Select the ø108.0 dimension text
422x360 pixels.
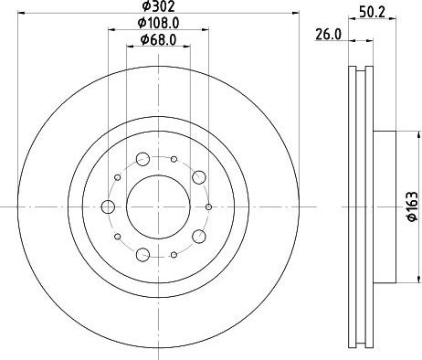tap(158, 23)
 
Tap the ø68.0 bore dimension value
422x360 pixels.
tap(158, 39)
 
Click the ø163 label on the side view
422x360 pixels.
tap(412, 209)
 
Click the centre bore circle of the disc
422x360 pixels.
tap(158, 206)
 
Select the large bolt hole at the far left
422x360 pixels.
tap(108, 206)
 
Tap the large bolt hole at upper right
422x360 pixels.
tap(198, 177)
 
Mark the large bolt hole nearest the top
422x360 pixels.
tap(142, 160)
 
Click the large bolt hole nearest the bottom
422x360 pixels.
tap(142, 253)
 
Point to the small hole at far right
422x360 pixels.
tap(209, 206)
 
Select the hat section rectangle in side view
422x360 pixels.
tap(385, 206)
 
